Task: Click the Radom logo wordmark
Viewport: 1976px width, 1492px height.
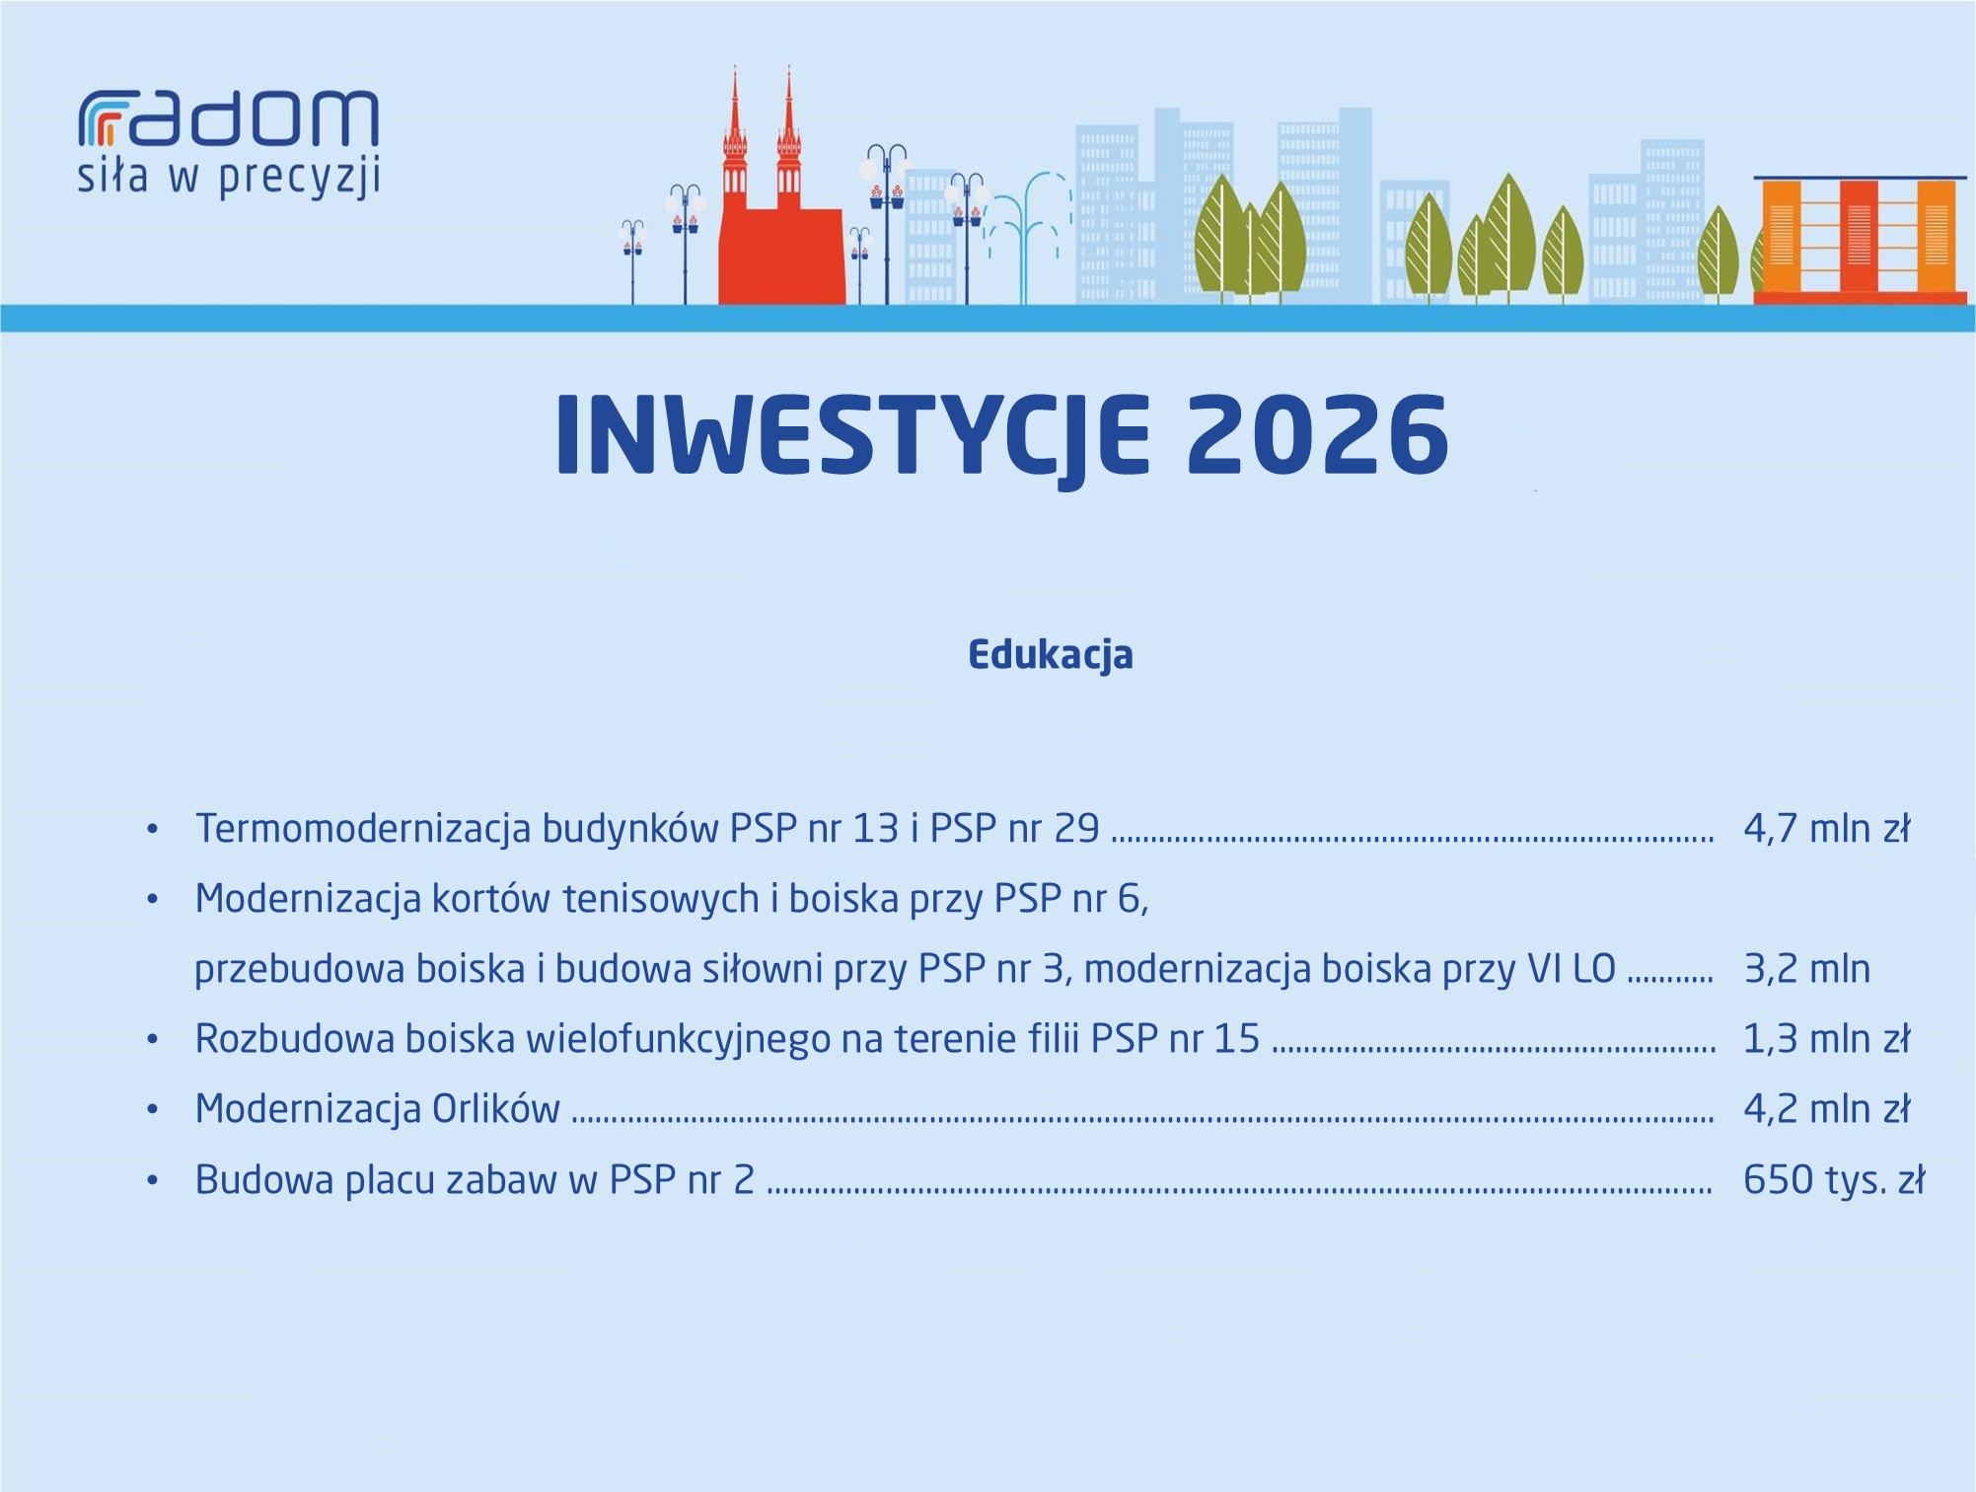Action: point(228,119)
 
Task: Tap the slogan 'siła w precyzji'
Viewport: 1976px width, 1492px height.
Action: point(229,178)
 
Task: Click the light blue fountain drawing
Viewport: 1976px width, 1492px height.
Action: point(1028,237)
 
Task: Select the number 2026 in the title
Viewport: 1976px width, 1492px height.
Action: point(1317,435)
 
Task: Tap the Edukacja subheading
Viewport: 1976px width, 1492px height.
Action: point(1051,655)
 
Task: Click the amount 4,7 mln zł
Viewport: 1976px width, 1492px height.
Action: point(1827,828)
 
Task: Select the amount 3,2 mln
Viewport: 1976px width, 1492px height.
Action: point(1807,968)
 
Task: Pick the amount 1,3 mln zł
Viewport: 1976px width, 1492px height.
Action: point(1827,1038)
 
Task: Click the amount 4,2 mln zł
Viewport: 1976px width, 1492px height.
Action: point(1827,1108)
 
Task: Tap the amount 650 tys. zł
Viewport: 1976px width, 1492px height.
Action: point(1834,1180)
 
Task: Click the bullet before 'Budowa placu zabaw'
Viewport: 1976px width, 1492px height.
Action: point(152,1180)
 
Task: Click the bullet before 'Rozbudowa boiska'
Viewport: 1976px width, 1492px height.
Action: point(152,1039)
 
